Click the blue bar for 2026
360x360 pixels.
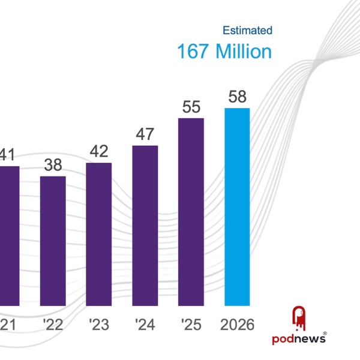[237, 207]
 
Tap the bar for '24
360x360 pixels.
[145, 226]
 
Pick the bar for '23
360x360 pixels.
[99, 235]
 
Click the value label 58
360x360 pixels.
[238, 97]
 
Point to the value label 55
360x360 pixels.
[191, 107]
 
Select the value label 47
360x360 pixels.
[145, 134]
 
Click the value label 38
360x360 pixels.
[53, 165]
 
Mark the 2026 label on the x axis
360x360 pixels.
[237, 325]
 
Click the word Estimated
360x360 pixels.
[247, 30]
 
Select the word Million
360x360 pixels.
[244, 52]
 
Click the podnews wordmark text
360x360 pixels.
[298, 338]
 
